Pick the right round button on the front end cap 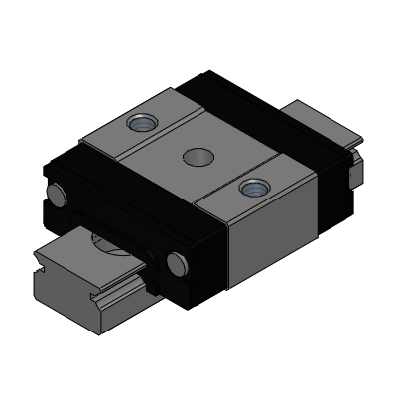(x=178, y=263)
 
